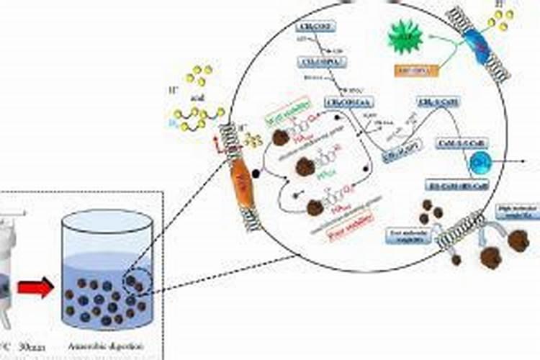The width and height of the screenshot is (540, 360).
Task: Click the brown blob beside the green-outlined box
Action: (x=280, y=137)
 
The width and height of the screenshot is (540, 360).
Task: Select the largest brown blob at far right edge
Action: (x=518, y=241)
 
